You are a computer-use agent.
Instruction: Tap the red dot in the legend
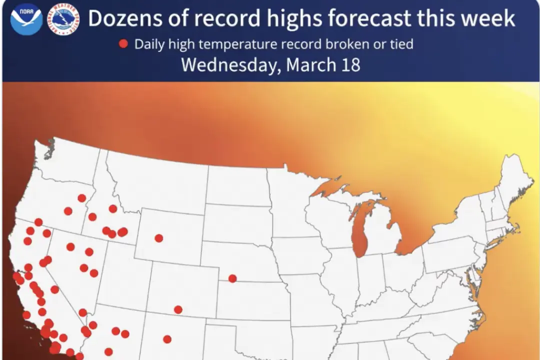[x=123, y=44]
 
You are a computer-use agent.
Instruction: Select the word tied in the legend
[x=399, y=44]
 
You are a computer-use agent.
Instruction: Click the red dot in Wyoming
[x=159, y=238]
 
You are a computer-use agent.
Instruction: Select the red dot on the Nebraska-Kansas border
[x=232, y=278]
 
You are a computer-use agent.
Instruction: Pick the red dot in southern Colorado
[x=178, y=309]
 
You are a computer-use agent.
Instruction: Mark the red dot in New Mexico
[x=167, y=339]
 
